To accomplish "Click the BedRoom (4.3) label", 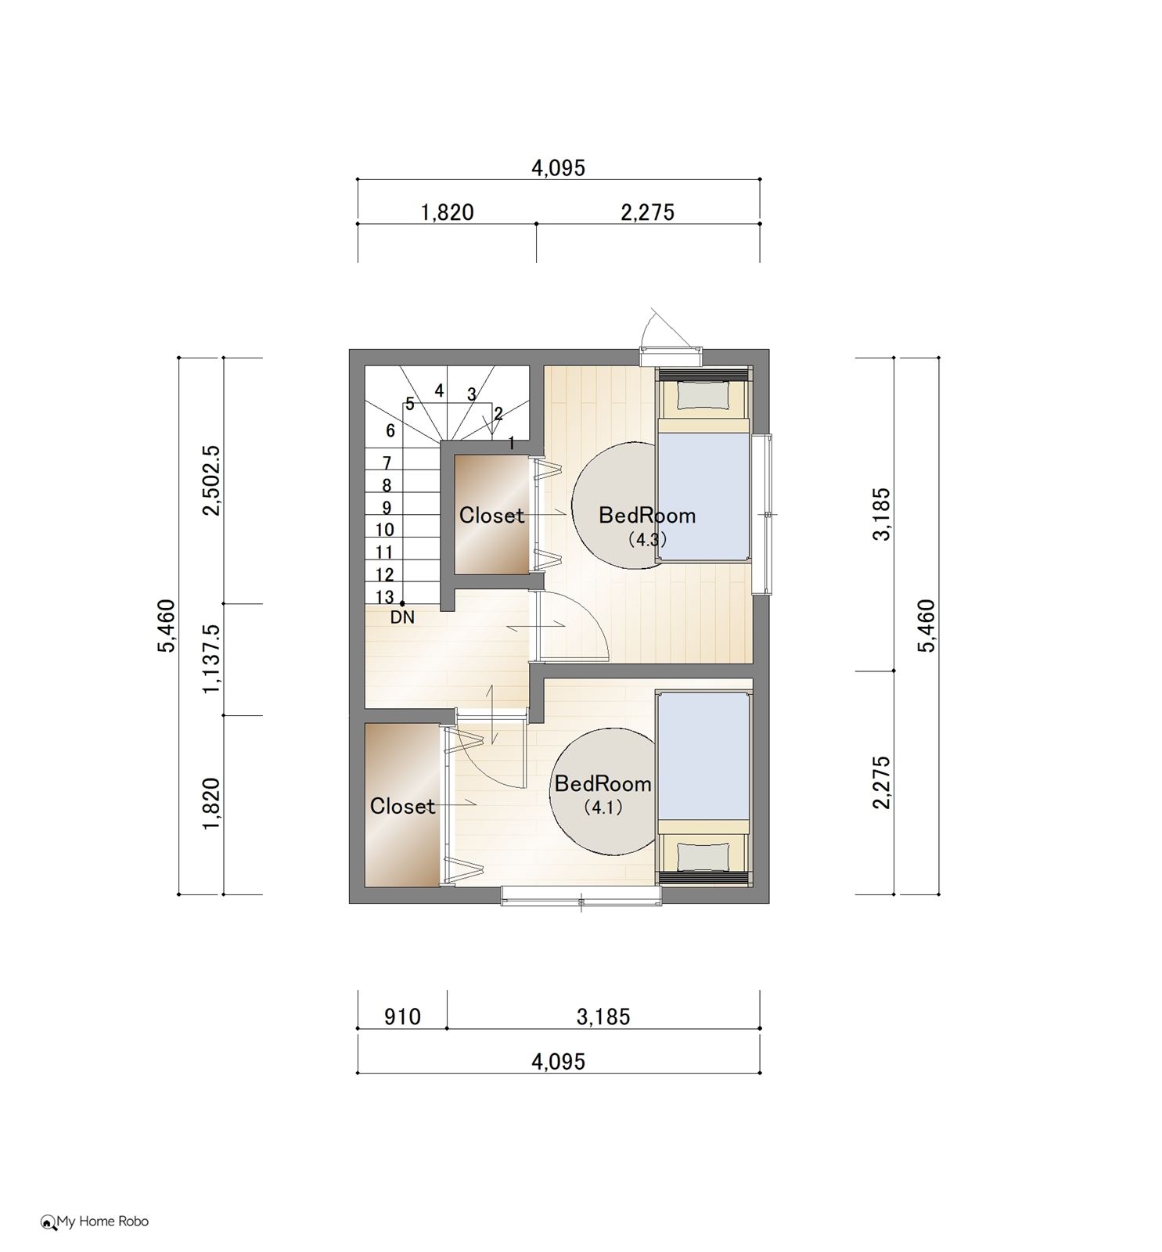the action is tap(646, 525).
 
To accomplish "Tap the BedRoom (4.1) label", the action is tap(603, 793).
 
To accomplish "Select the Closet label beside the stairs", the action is tap(491, 515).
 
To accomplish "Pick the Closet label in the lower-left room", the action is tap(402, 805).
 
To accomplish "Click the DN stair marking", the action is tap(402, 617).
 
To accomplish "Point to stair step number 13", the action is tap(384, 597).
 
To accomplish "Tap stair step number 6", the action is tap(390, 430).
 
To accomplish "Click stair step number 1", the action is tap(511, 444).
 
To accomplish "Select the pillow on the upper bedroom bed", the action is tap(703, 395).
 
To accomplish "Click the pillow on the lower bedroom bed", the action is tap(703, 856).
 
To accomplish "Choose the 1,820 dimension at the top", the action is tap(447, 212).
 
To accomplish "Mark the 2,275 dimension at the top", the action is tap(647, 212).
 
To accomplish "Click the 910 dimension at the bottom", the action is tap(402, 1016).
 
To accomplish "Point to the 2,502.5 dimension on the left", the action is tap(212, 480).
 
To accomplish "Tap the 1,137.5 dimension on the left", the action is tap(212, 659).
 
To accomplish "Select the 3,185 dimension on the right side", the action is tap(882, 513).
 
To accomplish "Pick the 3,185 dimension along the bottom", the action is tap(603, 1016).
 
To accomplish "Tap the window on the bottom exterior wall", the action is tap(581, 895).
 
